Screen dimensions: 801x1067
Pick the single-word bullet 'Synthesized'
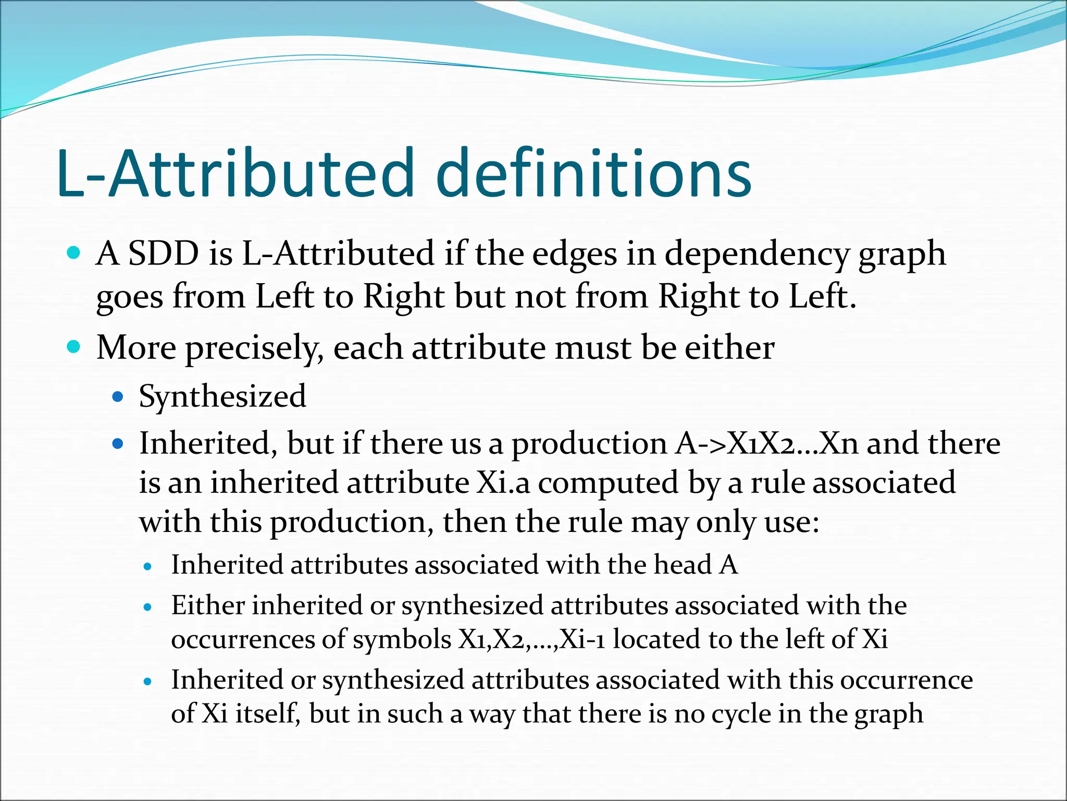[222, 396]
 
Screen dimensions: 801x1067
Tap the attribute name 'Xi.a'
[503, 482]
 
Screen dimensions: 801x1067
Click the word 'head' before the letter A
[683, 565]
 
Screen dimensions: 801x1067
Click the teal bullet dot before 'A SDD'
[74, 253]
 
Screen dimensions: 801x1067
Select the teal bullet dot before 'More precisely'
[74, 347]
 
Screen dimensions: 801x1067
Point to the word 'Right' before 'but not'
[404, 297]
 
